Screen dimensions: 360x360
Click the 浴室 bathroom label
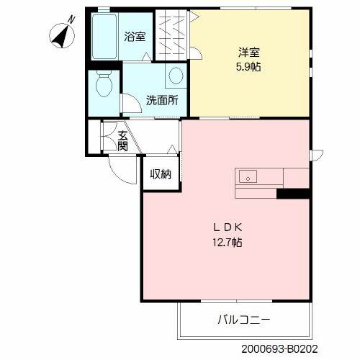(x=135, y=37)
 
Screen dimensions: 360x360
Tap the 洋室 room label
(x=248, y=53)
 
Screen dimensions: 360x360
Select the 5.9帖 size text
(x=248, y=67)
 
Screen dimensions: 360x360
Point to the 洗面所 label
(x=162, y=100)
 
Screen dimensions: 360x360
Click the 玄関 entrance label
(x=122, y=141)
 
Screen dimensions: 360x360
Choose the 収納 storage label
(x=161, y=174)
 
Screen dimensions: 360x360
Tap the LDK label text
(x=228, y=228)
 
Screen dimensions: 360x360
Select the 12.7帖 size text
(x=227, y=243)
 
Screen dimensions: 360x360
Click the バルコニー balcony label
(x=244, y=320)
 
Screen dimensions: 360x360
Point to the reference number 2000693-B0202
(x=279, y=349)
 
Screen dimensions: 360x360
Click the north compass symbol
(x=62, y=36)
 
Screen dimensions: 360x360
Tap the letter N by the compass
(x=71, y=19)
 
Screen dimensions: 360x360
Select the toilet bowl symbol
(x=104, y=83)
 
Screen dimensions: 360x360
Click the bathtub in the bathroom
(x=104, y=37)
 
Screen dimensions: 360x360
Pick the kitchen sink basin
(x=248, y=176)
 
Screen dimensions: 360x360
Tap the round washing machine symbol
(x=176, y=76)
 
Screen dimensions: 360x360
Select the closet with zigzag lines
(x=171, y=35)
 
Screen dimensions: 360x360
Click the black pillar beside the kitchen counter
(x=293, y=194)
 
